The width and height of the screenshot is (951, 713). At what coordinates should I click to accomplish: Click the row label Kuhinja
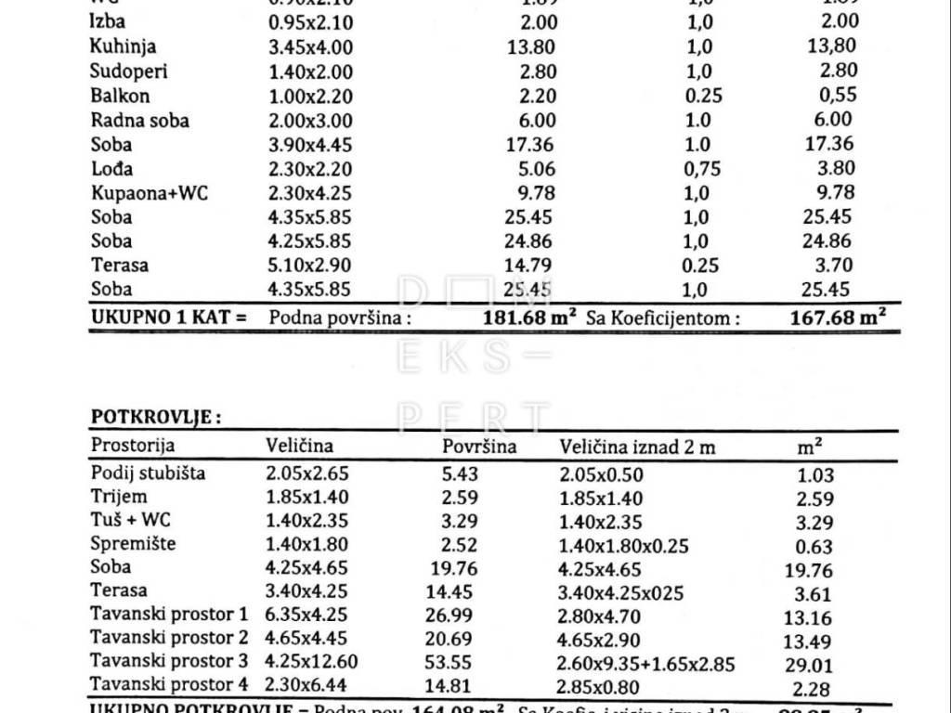click(x=124, y=46)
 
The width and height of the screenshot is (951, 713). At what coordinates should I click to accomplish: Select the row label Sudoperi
click(x=129, y=71)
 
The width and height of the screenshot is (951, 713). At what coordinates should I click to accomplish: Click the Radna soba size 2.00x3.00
click(x=308, y=121)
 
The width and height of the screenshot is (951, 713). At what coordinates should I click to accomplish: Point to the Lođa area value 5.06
click(x=538, y=169)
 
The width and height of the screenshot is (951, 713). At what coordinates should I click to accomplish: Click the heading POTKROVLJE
click(x=155, y=417)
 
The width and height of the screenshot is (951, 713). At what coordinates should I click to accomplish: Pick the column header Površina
click(x=480, y=447)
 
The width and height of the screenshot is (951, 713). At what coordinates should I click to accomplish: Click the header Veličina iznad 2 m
click(x=637, y=447)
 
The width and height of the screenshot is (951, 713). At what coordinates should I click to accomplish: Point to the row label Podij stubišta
click(x=149, y=473)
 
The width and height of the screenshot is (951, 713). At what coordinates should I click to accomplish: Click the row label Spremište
click(x=133, y=543)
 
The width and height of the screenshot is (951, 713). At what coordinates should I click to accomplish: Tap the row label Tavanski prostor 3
click(x=169, y=661)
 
